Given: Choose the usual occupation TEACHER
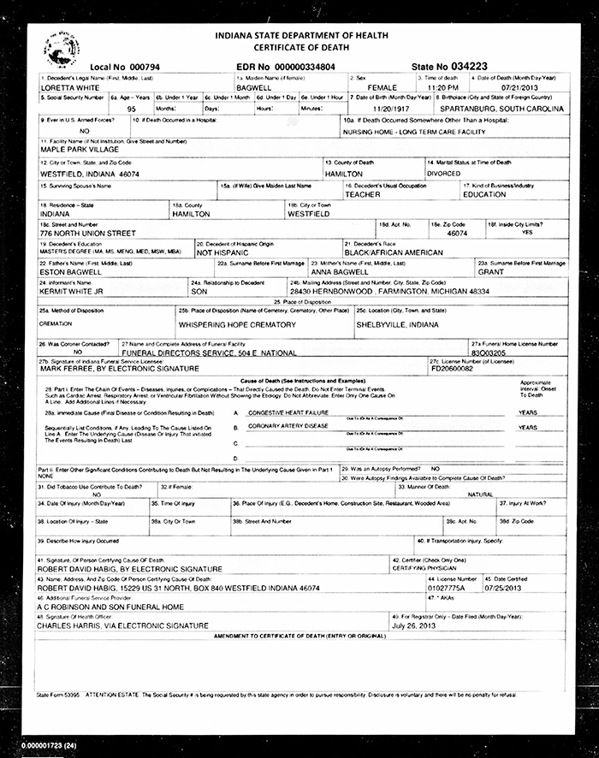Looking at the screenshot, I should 363,194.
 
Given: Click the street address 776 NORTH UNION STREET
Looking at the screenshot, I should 88,233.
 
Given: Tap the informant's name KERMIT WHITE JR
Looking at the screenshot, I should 73,292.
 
